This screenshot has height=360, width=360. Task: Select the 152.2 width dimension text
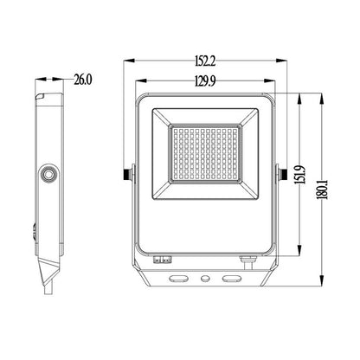click(x=206, y=62)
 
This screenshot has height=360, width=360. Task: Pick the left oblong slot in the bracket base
click(x=180, y=280)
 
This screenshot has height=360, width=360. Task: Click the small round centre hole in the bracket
click(x=206, y=280)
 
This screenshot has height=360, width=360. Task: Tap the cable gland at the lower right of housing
click(x=247, y=258)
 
